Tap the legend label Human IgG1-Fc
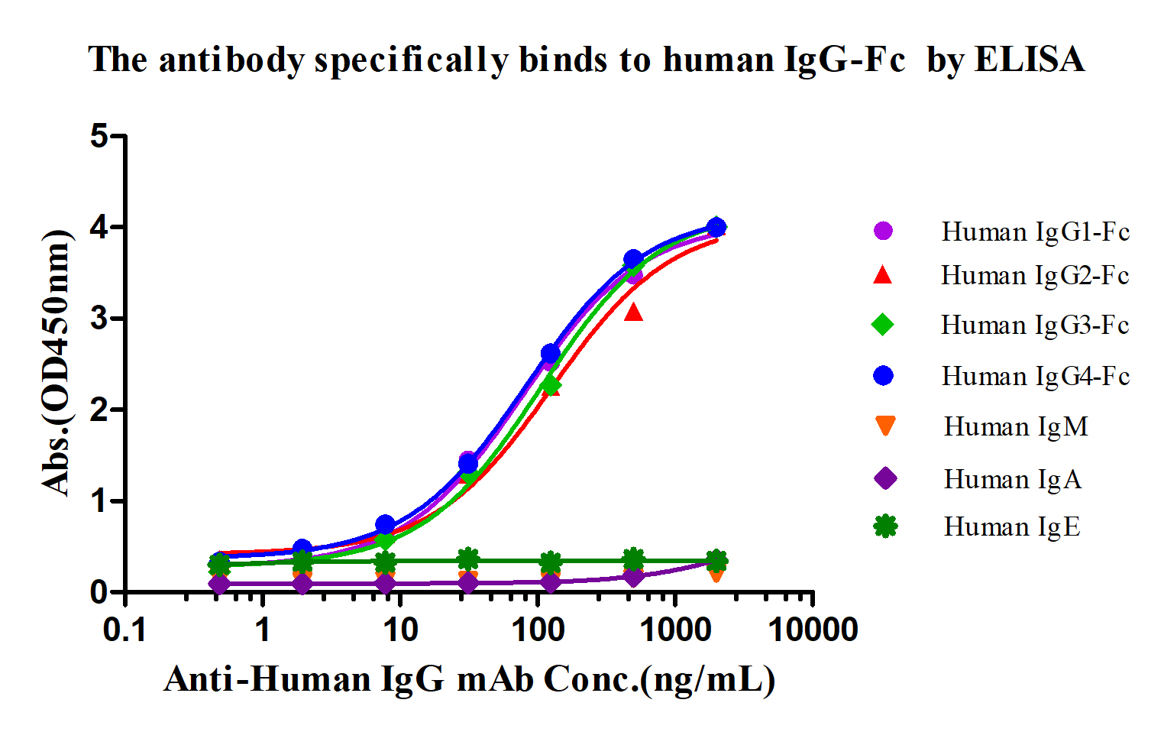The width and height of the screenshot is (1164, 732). click(1035, 232)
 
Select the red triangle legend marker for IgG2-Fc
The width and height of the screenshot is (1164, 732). click(883, 275)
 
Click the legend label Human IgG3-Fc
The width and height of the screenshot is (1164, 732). click(1035, 326)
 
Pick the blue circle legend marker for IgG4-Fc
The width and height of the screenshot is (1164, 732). click(884, 376)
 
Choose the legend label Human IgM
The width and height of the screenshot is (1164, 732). click(1016, 426)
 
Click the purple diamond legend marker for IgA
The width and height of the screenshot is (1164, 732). click(884, 479)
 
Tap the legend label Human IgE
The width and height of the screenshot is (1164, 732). click(1012, 527)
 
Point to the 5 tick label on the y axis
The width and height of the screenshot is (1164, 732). click(99, 137)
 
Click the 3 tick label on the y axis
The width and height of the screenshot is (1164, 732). click(99, 319)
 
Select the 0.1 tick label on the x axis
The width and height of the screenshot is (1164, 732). click(125, 630)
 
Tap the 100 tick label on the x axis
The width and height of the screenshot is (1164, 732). click(538, 630)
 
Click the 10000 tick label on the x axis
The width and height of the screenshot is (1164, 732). click(813, 630)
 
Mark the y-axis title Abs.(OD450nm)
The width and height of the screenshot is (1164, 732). click(57, 363)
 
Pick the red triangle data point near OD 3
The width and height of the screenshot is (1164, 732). click(633, 312)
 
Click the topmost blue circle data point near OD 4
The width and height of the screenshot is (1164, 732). click(716, 227)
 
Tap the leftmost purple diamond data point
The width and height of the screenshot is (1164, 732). click(219, 584)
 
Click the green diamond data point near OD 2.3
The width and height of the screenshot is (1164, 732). click(550, 385)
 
